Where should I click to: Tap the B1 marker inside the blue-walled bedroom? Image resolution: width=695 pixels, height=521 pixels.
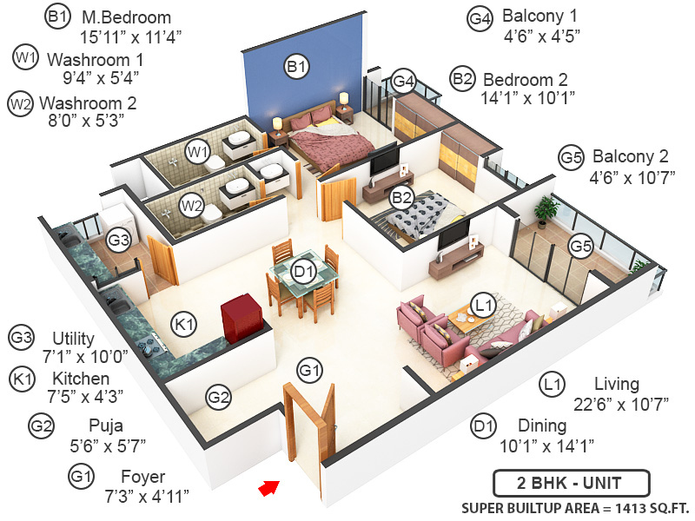[x=297, y=65]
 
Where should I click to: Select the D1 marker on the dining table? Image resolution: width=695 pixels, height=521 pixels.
[x=302, y=272]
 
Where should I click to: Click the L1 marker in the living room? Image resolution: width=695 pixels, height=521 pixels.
[x=483, y=304]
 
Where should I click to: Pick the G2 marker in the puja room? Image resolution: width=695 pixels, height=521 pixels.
[x=219, y=398]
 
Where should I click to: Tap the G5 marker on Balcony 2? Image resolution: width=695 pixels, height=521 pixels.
[x=580, y=247]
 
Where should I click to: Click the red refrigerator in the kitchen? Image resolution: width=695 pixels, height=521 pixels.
[x=241, y=320]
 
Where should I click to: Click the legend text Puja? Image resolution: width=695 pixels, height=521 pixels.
[x=105, y=425]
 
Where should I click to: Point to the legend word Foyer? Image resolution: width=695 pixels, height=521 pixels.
[x=142, y=477]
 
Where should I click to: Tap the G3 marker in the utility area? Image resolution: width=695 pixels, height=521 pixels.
[x=118, y=239]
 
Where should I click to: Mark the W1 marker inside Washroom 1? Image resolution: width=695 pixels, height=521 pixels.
[x=199, y=153]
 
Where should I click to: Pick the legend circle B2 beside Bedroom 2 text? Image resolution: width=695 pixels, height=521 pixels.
[x=462, y=79]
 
